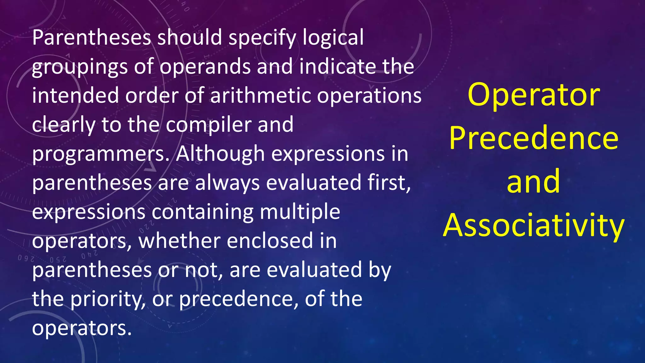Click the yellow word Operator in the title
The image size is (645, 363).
(x=534, y=95)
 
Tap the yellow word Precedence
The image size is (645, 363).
(x=534, y=139)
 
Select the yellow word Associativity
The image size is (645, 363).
(x=534, y=226)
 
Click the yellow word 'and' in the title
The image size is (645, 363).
(x=534, y=182)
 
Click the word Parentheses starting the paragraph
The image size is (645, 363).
(x=92, y=37)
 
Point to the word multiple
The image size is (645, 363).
(x=300, y=212)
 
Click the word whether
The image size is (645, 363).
(x=179, y=241)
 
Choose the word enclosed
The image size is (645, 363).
(x=270, y=241)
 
